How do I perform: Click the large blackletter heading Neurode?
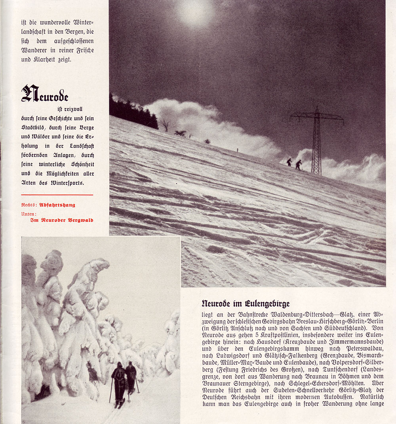click(x=45, y=94)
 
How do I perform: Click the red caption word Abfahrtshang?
click(x=57, y=205)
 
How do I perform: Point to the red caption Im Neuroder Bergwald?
click(x=62, y=220)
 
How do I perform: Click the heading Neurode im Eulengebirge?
click(x=246, y=304)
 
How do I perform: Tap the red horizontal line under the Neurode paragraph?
click(x=57, y=195)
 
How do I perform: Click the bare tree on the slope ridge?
click(x=165, y=125)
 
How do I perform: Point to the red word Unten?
click(x=29, y=213)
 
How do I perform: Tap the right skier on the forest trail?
click(x=131, y=377)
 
